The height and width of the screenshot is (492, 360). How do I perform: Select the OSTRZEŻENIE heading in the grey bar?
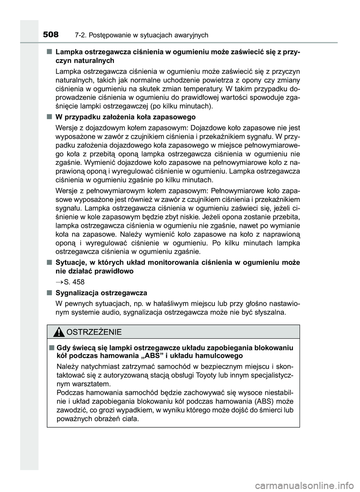click(93, 332)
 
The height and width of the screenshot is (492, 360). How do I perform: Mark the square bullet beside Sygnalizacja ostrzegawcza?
click(49, 292)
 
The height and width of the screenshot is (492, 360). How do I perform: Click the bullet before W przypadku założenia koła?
click(49, 117)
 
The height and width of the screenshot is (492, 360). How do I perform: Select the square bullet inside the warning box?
click(51, 347)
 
